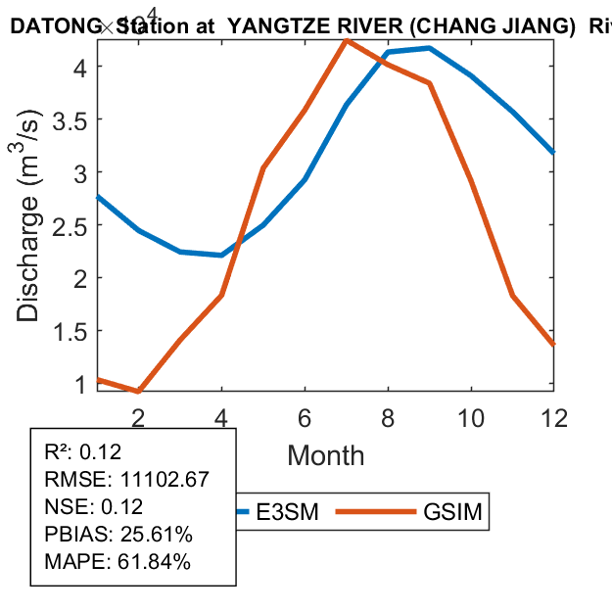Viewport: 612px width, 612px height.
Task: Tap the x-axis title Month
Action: [x=325, y=455]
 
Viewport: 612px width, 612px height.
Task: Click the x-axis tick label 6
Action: [x=305, y=416]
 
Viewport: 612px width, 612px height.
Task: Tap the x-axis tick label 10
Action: [x=471, y=416]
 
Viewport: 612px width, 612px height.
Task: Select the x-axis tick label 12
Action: [x=553, y=416]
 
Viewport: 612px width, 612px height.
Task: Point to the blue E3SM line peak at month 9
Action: [x=430, y=48]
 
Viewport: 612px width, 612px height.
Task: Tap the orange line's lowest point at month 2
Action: [x=138, y=392]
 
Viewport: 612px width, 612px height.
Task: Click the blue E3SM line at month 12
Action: [x=553, y=152]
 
